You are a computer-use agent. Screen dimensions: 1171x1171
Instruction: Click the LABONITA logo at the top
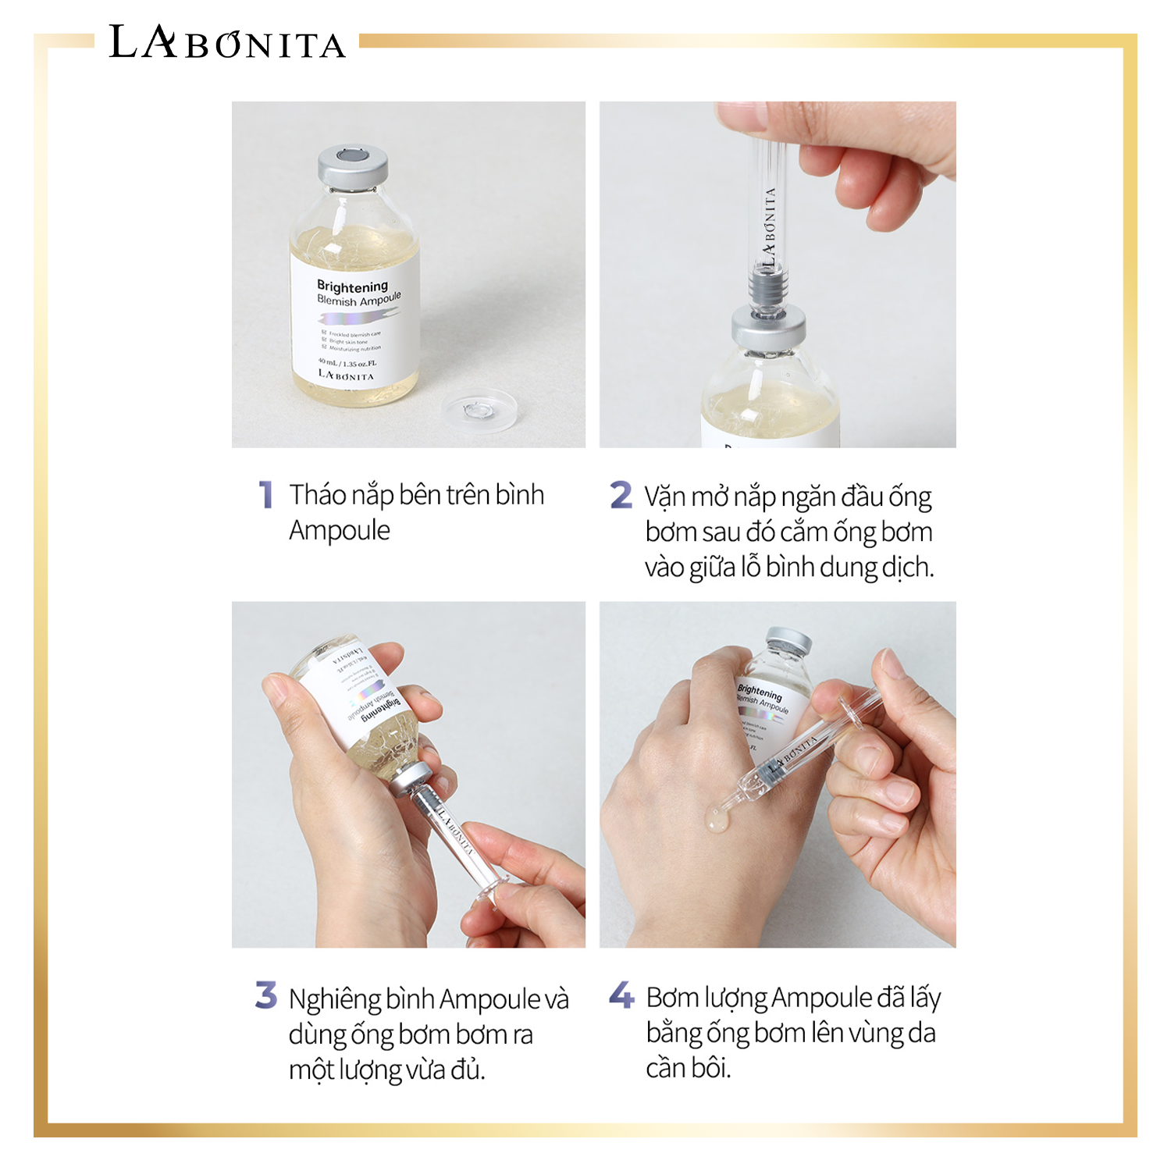click(x=226, y=43)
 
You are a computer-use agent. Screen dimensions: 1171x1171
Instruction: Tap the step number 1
click(x=266, y=495)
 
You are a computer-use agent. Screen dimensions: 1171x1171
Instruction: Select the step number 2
click(x=621, y=495)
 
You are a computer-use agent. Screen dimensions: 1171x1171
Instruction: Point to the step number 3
click(x=266, y=995)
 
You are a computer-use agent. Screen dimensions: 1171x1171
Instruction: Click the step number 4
click(x=621, y=995)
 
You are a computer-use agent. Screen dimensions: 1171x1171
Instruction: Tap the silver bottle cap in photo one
click(x=353, y=166)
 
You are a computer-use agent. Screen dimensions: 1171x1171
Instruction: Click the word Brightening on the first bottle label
click(x=352, y=286)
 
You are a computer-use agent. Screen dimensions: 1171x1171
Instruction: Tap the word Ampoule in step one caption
click(x=340, y=531)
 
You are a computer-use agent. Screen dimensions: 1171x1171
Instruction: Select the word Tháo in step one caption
click(x=317, y=495)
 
